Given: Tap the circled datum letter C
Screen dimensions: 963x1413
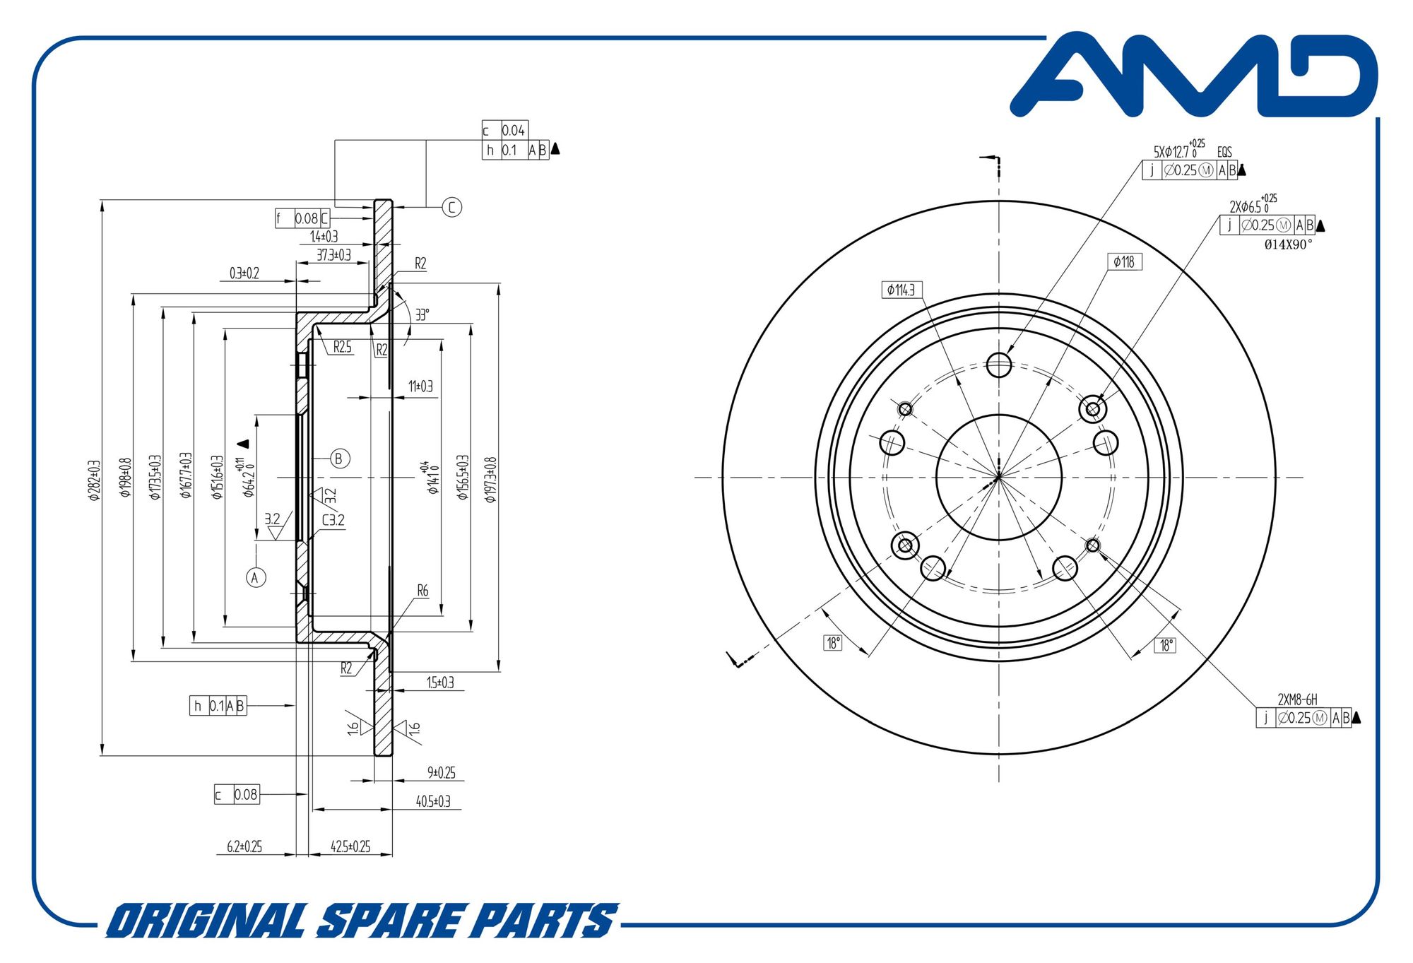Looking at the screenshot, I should pyautogui.click(x=451, y=207).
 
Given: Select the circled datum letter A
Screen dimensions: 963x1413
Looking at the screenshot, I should pyautogui.click(x=256, y=577).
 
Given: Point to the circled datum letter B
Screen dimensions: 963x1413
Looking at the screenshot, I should pyautogui.click(x=340, y=459).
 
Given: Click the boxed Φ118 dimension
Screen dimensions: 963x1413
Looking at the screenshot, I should pyautogui.click(x=1123, y=262).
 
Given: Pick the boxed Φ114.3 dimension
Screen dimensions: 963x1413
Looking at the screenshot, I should pyautogui.click(x=901, y=290).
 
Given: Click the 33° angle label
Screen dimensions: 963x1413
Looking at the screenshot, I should pyautogui.click(x=422, y=314).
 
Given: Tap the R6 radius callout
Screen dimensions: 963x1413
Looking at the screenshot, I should pyautogui.click(x=422, y=590).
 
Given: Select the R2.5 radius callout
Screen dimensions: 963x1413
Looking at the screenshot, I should pyautogui.click(x=342, y=347).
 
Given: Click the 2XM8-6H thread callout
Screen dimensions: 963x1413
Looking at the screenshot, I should pyautogui.click(x=1297, y=699).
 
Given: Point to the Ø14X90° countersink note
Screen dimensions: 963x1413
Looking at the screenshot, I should pyautogui.click(x=1288, y=244).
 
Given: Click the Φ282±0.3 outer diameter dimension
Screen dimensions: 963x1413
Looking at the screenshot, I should pyautogui.click(x=94, y=480).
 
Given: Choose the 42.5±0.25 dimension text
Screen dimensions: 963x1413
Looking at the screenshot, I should pyautogui.click(x=350, y=846).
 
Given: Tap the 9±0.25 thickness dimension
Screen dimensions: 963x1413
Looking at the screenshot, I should pyautogui.click(x=441, y=772).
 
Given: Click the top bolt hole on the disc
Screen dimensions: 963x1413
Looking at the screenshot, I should pyautogui.click(x=999, y=365).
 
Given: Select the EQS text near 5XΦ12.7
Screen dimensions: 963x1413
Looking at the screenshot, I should pyautogui.click(x=1224, y=152).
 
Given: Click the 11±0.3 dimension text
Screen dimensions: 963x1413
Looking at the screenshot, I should pyautogui.click(x=420, y=386).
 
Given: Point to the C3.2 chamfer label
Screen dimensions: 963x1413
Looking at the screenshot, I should pyautogui.click(x=333, y=520).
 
